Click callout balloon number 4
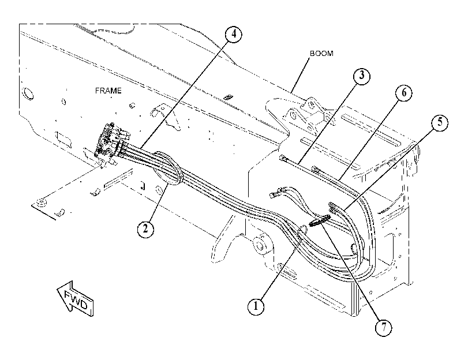point(233,35)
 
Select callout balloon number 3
point(362,76)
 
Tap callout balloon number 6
point(404,93)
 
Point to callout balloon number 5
point(440,122)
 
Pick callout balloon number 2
point(145,229)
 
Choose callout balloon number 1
point(256,306)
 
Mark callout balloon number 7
point(384,328)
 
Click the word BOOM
point(321,54)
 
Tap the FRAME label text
point(108,91)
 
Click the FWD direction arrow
point(75,298)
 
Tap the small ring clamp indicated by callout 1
point(302,230)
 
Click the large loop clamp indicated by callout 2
point(166,168)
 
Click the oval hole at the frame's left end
point(28,93)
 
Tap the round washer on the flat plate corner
point(42,202)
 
